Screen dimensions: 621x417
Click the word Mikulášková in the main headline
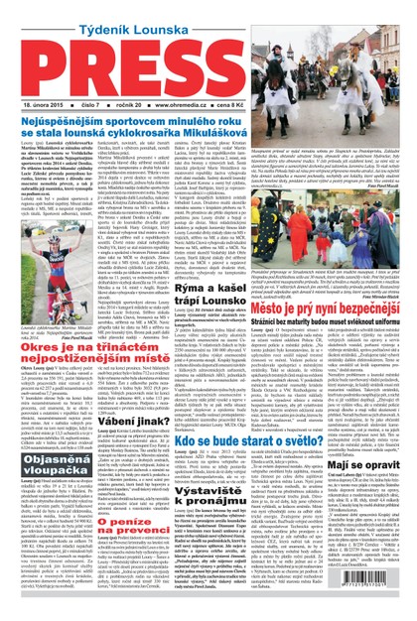click(198, 129)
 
